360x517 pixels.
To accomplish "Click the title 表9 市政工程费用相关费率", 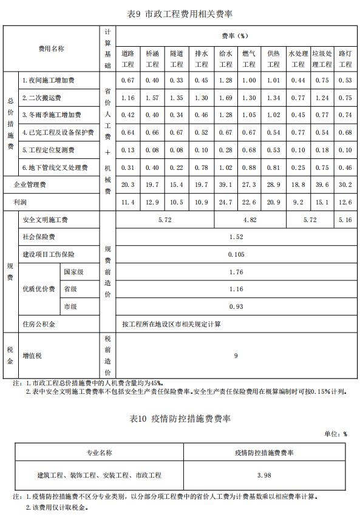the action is point(180,13).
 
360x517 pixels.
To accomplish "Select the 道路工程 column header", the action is point(127,59).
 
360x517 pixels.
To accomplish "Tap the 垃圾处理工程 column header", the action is point(322,59).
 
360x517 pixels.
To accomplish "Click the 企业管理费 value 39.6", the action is point(322,184).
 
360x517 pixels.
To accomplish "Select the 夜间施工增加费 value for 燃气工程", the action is point(249,80).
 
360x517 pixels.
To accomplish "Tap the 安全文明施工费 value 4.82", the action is point(249,220).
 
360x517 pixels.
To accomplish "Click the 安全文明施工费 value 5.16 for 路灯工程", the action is point(345,220).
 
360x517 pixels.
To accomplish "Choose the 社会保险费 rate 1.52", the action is point(236,237).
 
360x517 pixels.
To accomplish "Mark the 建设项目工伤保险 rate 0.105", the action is point(236,254).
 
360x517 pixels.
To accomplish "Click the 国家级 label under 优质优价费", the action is point(73,272).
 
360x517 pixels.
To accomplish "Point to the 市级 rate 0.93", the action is point(236,306).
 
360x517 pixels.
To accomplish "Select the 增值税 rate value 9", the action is point(236,356).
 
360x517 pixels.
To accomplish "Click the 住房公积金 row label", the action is point(39,324).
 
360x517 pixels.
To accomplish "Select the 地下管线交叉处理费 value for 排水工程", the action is point(201,167).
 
